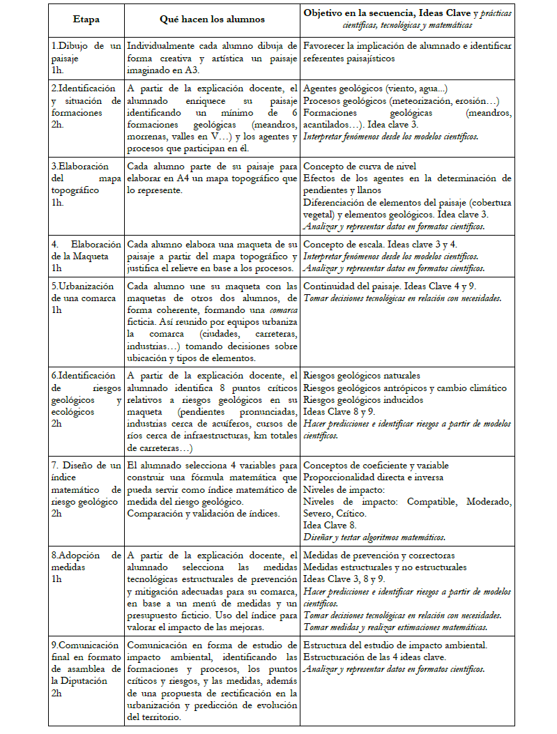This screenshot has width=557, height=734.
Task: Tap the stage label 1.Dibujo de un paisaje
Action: coord(86,52)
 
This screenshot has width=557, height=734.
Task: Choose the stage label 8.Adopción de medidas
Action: coord(86,561)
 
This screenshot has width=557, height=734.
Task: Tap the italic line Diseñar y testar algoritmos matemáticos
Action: coord(375,537)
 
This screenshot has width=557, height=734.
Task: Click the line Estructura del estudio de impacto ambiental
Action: coord(395,645)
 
